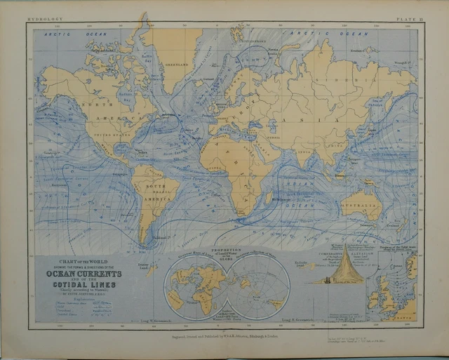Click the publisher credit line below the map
[224, 335]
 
